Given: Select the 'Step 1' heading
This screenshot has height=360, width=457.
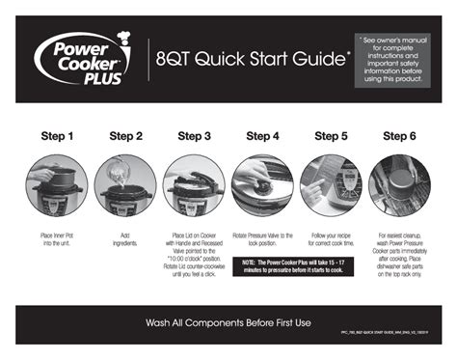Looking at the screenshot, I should tap(57, 136).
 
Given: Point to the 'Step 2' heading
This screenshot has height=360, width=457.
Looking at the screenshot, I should tap(125, 136).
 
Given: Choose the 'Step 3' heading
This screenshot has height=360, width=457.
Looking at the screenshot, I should tap(194, 136).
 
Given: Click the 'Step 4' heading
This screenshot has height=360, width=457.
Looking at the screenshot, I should tap(262, 136).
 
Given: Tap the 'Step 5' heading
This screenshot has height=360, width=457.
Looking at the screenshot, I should tap(331, 136).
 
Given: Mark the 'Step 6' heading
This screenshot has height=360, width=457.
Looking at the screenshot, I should tap(399, 136).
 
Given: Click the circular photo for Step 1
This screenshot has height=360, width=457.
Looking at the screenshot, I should tap(57, 185).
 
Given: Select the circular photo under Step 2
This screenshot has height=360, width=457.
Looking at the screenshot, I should tap(125, 185).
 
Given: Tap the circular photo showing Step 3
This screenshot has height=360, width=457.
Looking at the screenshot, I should tap(194, 185).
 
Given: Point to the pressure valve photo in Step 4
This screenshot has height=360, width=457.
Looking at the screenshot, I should tap(262, 185).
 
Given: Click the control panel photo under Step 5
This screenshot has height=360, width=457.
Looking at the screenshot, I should tap(331, 185).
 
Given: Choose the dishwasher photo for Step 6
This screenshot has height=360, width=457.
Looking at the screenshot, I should tap(399, 185).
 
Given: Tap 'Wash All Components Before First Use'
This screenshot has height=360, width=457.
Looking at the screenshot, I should tap(228, 321).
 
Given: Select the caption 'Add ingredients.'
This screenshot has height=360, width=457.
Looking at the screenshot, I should tap(125, 239).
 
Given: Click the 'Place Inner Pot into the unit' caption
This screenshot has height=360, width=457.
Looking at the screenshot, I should tap(57, 239).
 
